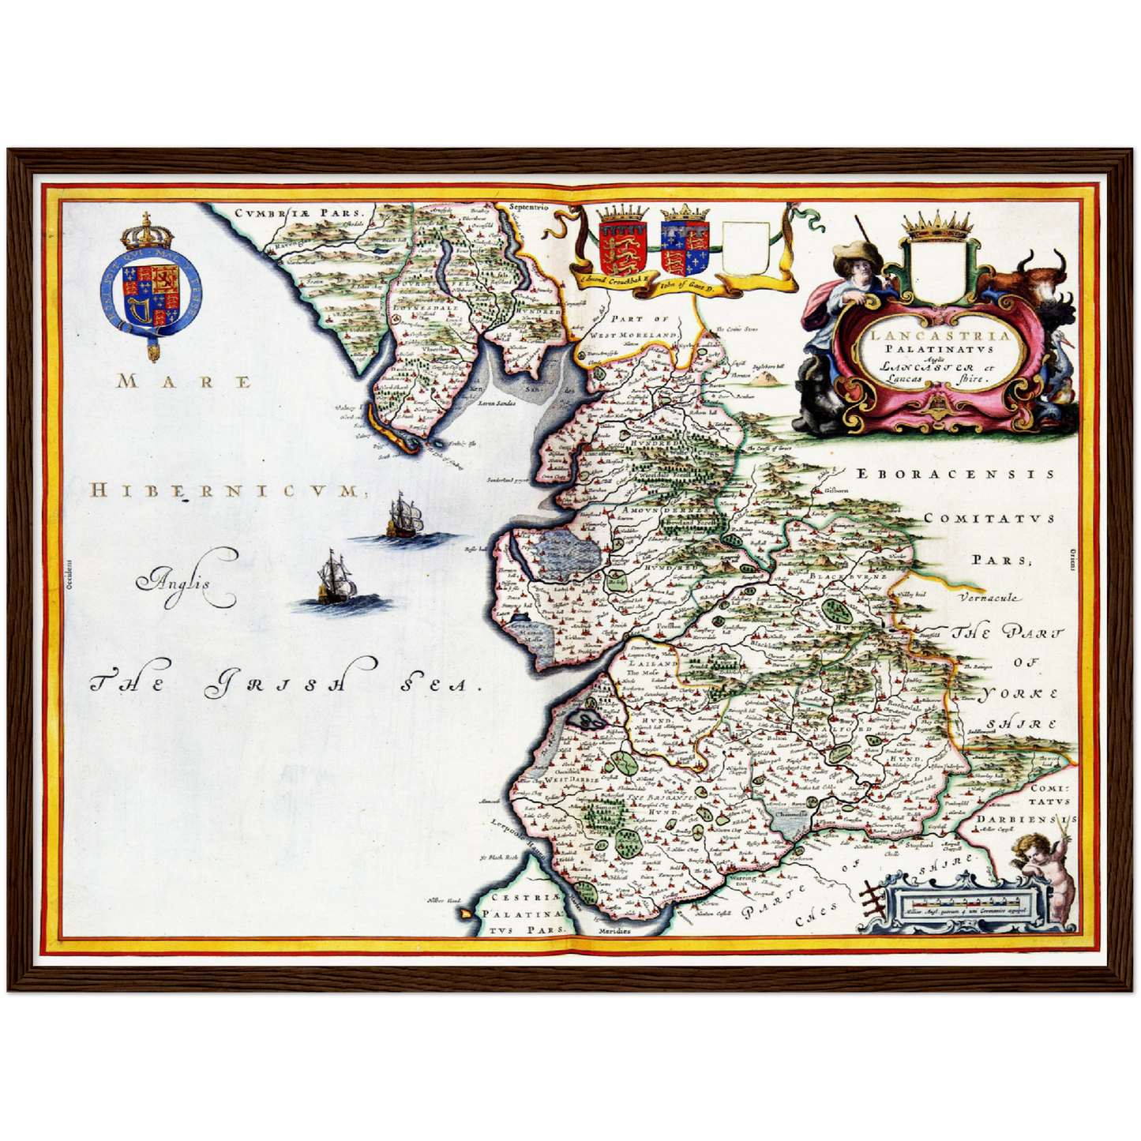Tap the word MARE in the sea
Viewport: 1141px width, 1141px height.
(x=184, y=382)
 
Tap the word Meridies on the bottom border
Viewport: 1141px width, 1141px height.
(x=614, y=931)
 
